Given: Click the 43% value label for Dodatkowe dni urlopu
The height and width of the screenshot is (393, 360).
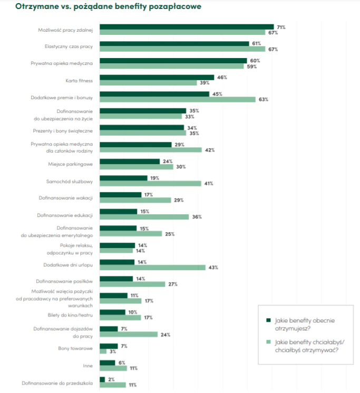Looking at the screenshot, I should pos(213,267).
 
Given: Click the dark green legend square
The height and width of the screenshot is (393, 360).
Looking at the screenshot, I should pos(268,320).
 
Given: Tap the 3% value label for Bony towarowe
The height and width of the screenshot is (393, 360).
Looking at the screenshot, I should pos(112,351).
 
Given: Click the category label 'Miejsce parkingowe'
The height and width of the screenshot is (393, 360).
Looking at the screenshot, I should pos(70,164).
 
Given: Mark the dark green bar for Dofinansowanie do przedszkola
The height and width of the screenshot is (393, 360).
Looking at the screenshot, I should pos(102,380).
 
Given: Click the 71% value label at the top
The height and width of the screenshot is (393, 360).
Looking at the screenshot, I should pos(281,27).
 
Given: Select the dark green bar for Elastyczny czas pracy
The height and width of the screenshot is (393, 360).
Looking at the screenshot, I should pos(174,44).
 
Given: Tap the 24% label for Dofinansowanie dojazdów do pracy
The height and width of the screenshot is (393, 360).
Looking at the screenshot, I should pos(165,334).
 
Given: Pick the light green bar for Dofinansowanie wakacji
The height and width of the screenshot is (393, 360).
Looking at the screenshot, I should pos(135,200).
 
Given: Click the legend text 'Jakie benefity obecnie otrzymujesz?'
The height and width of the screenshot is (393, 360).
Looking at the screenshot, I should pos(301,323).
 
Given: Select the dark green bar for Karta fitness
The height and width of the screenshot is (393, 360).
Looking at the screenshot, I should pos(157,78).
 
